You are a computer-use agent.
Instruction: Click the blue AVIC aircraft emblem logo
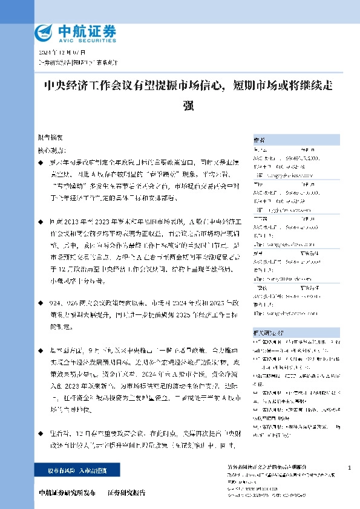tap(45, 32)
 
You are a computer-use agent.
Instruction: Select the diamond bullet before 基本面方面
tap(41, 350)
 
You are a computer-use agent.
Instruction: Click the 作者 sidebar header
tap(260, 138)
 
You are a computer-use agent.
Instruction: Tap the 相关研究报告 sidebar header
tap(266, 332)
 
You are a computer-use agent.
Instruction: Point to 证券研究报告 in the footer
tap(127, 493)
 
